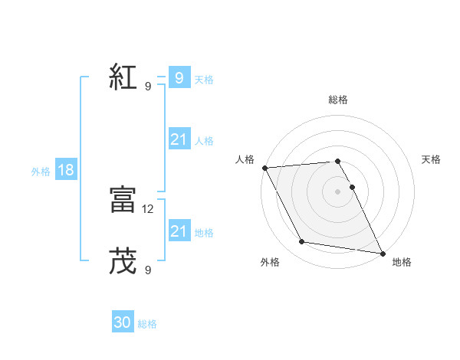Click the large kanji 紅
pyautogui.click(x=123, y=79)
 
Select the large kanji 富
pyautogui.click(x=123, y=200)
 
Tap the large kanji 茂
pyautogui.click(x=123, y=261)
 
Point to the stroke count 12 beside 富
pyautogui.click(x=149, y=208)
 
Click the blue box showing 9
pyautogui.click(x=179, y=78)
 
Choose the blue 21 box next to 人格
pyautogui.click(x=179, y=139)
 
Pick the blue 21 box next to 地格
pyautogui.click(x=179, y=231)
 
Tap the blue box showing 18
pyautogui.click(x=65, y=170)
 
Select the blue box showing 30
pyautogui.click(x=123, y=322)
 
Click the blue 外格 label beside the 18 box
pyautogui.click(x=41, y=172)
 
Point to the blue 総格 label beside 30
pyautogui.click(x=147, y=324)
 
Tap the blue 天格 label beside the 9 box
pyautogui.click(x=204, y=80)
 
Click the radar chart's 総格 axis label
pyautogui.click(x=338, y=100)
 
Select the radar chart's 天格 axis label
pyautogui.click(x=431, y=159)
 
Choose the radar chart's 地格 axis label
pyautogui.click(x=402, y=262)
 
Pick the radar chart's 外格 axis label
pyautogui.click(x=270, y=262)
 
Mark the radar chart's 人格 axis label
pyautogui.click(x=245, y=159)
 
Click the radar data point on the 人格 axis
pyautogui.click(x=264, y=168)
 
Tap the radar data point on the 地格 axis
pyautogui.click(x=382, y=252)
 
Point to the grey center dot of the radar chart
pyautogui.click(x=337, y=191)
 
